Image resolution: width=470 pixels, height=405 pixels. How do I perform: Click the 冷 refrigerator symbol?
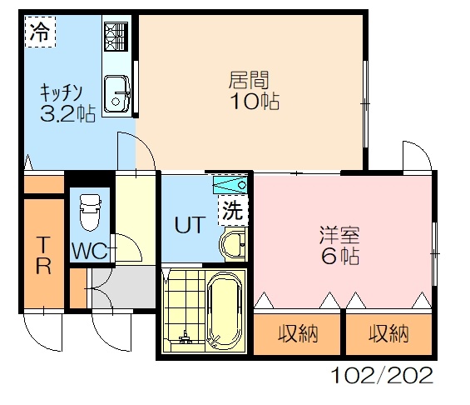40,32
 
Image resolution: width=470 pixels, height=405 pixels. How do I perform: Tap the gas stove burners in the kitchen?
116,37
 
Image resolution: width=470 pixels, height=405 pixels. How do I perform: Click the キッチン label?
61,92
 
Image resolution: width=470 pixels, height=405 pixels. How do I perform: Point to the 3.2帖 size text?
67,114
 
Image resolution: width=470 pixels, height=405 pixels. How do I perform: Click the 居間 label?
249,80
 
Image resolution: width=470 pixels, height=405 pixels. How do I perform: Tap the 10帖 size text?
255,101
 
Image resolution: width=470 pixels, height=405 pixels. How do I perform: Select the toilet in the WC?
90,212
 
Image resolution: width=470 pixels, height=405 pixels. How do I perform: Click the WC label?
90,251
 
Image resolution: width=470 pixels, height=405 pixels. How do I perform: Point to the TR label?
43,255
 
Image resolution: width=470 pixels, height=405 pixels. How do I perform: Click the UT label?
190,225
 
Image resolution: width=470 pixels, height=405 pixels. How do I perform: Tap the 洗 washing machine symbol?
233,210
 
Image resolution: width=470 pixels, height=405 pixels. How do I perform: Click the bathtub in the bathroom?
225,311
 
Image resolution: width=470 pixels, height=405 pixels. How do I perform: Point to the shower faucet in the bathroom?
186,338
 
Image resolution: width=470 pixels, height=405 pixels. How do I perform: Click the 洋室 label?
339,235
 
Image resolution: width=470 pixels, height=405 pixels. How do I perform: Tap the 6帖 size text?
340,256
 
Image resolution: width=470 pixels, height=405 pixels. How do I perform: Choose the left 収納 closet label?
298,334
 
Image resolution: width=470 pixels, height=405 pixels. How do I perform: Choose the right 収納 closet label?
388,334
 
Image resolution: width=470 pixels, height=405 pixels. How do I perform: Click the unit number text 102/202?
382,375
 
